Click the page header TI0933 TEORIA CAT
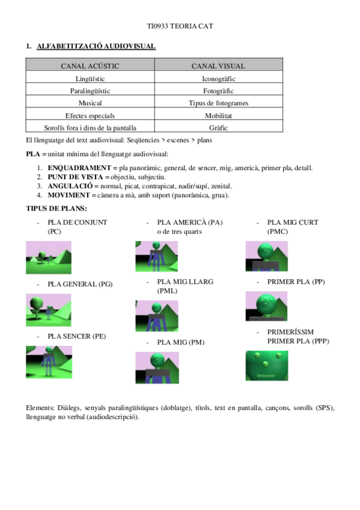pyautogui.click(x=180, y=27)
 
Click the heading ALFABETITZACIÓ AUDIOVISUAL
pyautogui.click(x=96, y=46)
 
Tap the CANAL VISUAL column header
pyautogui.click(x=218, y=66)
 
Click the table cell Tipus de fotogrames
pyautogui.click(x=218, y=103)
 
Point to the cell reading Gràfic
pyautogui.click(x=218, y=127)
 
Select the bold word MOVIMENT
pyautogui.click(x=69, y=195)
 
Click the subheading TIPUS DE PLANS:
pyautogui.click(x=56, y=208)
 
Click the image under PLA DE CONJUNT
pyautogui.click(x=49, y=257)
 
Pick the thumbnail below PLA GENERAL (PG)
pyautogui.click(x=49, y=309)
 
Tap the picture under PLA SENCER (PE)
pyautogui.click(x=49, y=362)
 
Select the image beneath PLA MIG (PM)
pyautogui.click(x=157, y=367)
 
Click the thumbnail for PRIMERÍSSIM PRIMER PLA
pyautogui.click(x=266, y=366)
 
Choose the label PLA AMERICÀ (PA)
pyautogui.click(x=189, y=223)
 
